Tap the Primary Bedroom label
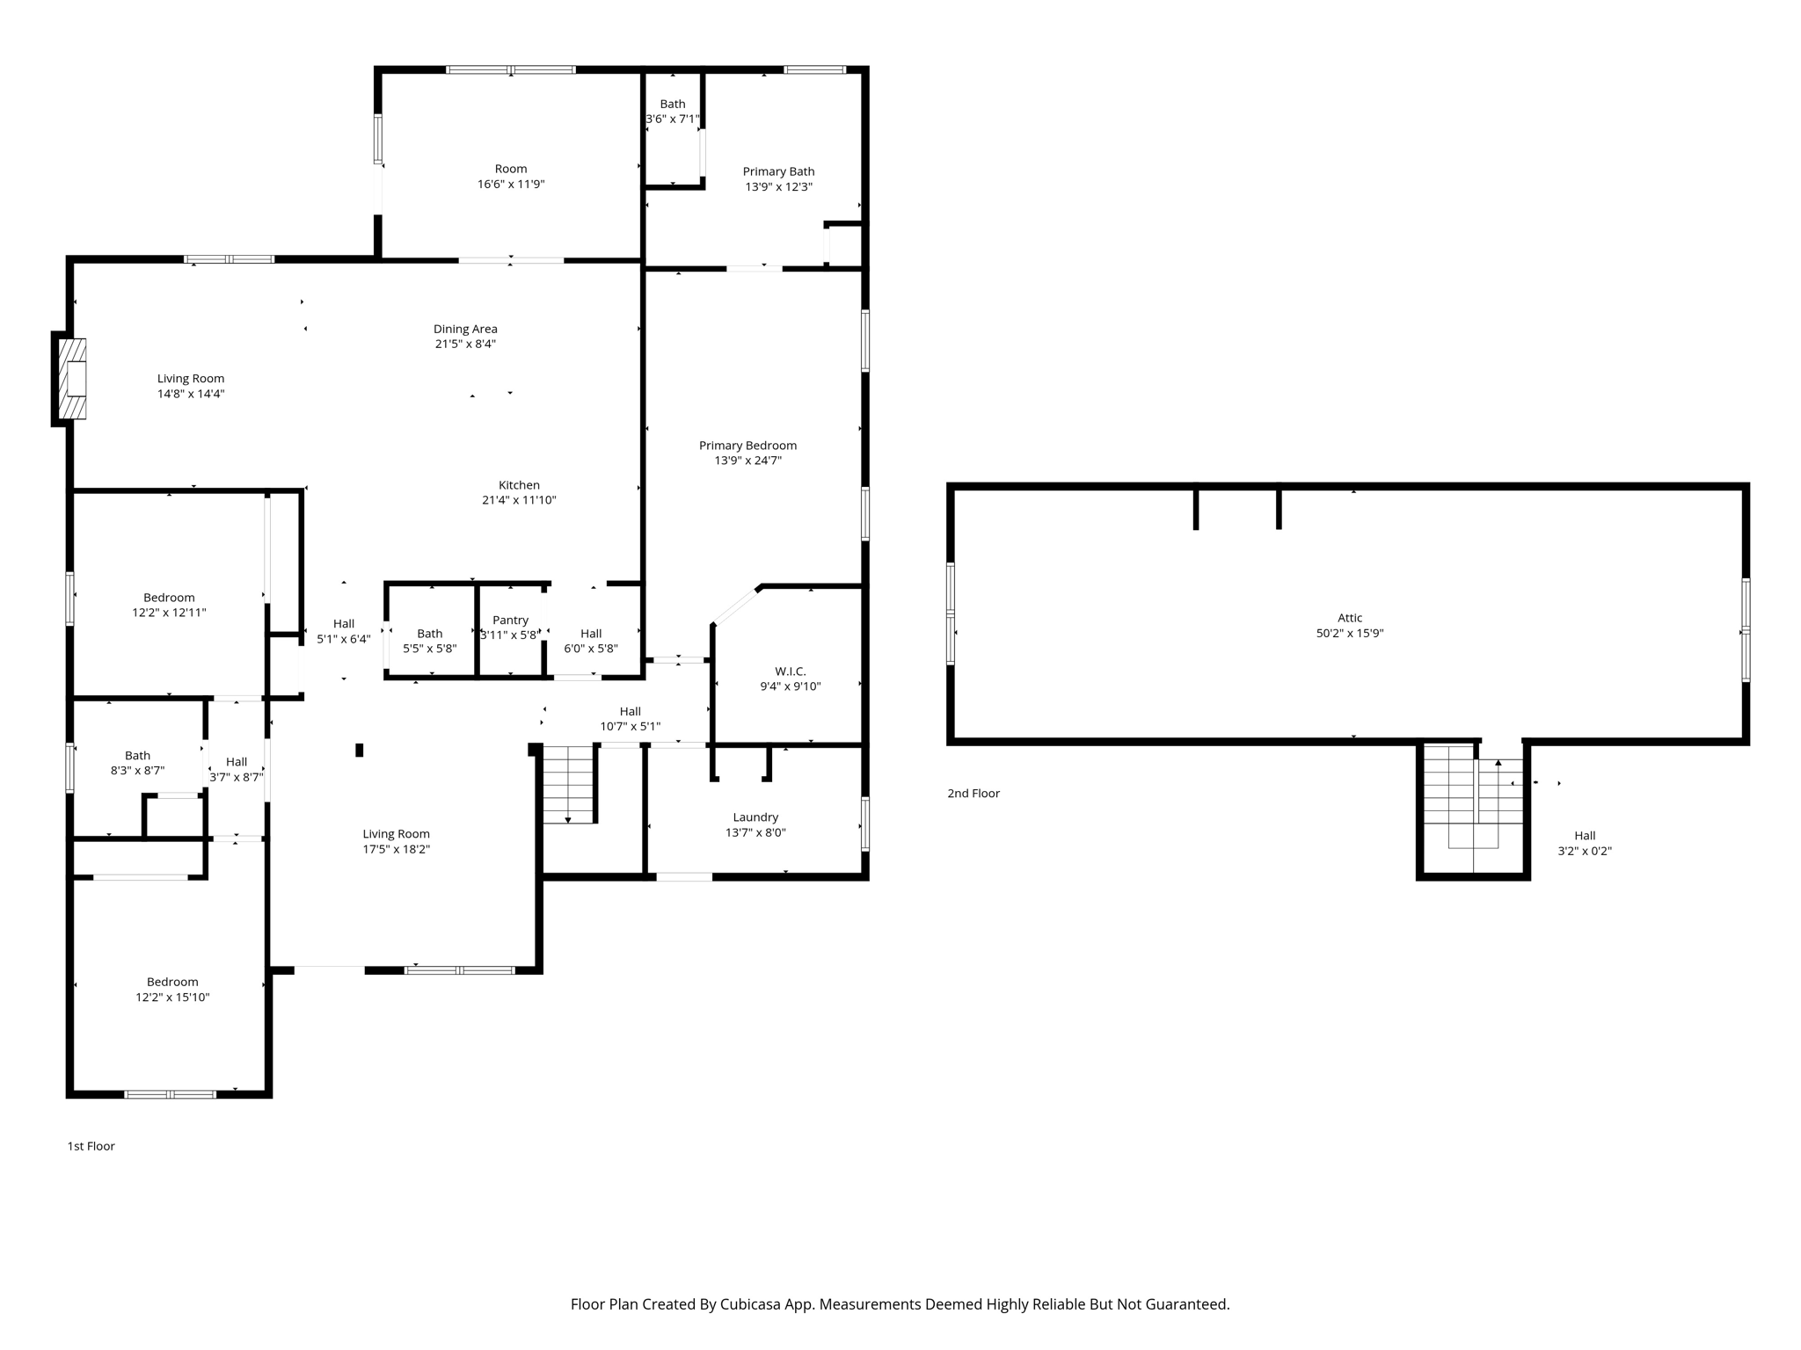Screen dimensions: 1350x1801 coord(747,446)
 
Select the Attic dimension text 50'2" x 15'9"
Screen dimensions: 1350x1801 coord(1349,633)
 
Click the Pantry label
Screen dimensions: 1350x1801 coord(510,621)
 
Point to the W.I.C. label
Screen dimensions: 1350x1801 coord(790,671)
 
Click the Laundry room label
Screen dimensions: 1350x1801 coord(755,817)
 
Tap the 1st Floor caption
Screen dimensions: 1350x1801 coord(91,1146)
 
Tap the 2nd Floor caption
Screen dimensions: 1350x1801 coord(973,794)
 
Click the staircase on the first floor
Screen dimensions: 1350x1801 coord(568,784)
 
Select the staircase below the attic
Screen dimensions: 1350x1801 coord(1473,795)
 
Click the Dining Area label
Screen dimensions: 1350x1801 coord(465,330)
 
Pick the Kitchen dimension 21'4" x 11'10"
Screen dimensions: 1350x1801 coord(519,500)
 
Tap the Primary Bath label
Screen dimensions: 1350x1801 coord(778,172)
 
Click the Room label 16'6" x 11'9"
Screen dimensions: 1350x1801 coord(511,170)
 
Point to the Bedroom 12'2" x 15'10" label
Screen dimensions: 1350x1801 coord(172,983)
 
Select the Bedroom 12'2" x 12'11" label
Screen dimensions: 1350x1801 coord(169,599)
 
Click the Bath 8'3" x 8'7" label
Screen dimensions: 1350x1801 coord(137,756)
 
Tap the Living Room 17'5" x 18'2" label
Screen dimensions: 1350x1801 coord(396,835)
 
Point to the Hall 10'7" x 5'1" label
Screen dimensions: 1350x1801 coord(630,712)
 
